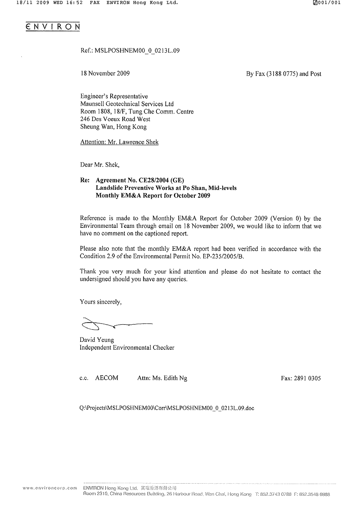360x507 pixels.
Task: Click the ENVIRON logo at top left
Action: click(x=53, y=26)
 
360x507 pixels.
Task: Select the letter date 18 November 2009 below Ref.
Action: click(x=105, y=73)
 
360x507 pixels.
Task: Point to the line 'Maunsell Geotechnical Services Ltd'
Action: click(x=127, y=104)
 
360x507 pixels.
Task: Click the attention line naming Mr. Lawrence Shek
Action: click(x=119, y=142)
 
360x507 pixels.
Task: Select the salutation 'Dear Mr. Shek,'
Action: click(x=100, y=165)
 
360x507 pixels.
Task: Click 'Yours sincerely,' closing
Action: click(x=101, y=302)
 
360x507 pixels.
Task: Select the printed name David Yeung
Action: click(x=97, y=340)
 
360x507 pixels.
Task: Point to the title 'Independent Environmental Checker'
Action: click(x=127, y=347)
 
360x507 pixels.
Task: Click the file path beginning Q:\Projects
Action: click(x=166, y=408)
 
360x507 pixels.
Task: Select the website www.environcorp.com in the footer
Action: click(x=50, y=487)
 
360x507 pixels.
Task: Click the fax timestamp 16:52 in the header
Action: click(x=74, y=3)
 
